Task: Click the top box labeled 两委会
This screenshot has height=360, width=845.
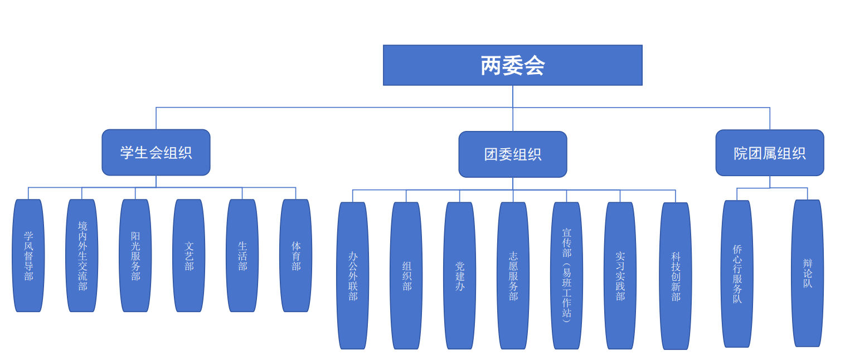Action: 512,65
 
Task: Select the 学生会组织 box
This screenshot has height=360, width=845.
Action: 156,152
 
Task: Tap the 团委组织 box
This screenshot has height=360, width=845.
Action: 513,154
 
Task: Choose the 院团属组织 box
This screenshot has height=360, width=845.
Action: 770,153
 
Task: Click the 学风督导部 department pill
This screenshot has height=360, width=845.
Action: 28,256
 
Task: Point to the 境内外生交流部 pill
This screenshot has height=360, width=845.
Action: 82,256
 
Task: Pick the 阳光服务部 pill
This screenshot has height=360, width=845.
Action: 135,256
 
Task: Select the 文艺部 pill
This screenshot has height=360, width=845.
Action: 189,256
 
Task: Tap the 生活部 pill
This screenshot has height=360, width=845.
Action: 242,256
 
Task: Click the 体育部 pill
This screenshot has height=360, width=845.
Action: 296,256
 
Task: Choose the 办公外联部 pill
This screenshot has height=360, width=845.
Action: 353,276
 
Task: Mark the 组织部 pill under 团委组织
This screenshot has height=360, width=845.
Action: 406,276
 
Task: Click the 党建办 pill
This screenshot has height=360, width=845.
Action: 460,276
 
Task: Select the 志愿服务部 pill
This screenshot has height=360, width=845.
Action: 513,276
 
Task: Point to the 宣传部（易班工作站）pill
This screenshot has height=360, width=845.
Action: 567,276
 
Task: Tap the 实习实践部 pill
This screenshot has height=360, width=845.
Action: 620,276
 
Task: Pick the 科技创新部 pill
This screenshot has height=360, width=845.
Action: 676,276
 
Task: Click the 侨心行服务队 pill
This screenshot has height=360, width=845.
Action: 737,274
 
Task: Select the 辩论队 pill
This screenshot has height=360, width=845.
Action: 808,273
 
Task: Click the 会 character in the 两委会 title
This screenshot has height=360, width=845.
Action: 534,66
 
